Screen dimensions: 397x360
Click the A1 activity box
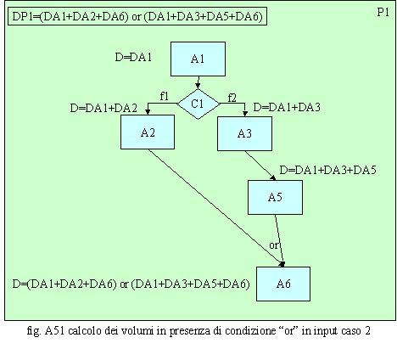click(x=198, y=59)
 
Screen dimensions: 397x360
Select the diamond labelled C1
click(x=198, y=104)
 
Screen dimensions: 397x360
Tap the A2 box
click(x=148, y=132)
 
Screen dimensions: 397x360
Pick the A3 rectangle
click(x=244, y=133)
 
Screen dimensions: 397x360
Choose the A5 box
click(x=275, y=197)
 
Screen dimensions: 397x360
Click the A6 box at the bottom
click(x=283, y=284)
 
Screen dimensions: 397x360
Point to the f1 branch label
click(x=165, y=97)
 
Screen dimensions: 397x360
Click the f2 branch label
click(x=232, y=98)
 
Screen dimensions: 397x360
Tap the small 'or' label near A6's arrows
click(x=274, y=245)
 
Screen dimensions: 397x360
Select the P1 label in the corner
click(x=383, y=12)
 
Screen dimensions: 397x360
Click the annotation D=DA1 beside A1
click(x=133, y=57)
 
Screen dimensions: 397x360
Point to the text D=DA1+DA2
click(x=103, y=108)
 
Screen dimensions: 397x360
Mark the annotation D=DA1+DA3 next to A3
click(x=287, y=107)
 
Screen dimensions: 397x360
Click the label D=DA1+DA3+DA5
click(x=327, y=170)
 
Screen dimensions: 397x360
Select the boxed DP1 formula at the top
click(x=137, y=16)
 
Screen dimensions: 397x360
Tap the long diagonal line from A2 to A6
click(x=216, y=208)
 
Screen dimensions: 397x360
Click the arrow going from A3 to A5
click(x=260, y=166)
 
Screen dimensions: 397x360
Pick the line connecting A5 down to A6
click(x=279, y=240)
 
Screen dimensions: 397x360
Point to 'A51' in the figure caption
click(x=55, y=330)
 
